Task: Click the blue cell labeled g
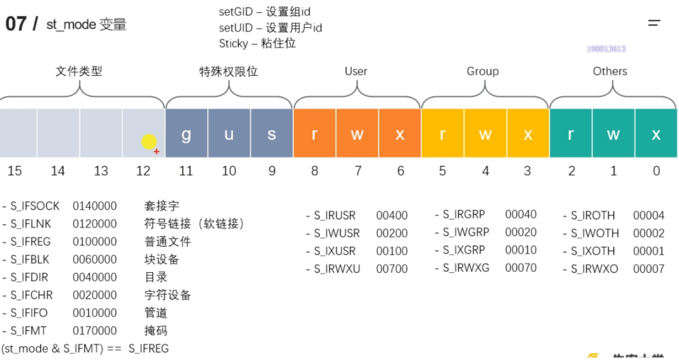pos(186,134)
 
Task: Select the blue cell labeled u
pos(229,134)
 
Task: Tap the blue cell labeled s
pos(271,134)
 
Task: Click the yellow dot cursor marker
pos(149,142)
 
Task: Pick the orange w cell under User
pos(358,134)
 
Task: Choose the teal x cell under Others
pos(656,134)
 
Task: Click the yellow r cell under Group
pos(442,134)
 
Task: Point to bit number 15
pos(15,171)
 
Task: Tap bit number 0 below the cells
pos(656,171)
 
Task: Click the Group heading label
pos(483,71)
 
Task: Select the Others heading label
pos(610,71)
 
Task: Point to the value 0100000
pos(95,242)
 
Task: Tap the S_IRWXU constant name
pos(337,269)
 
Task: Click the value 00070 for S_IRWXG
pos(521,268)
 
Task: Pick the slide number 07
pos(16,24)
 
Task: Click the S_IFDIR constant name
pos(32,277)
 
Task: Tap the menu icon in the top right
pos(654,23)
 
